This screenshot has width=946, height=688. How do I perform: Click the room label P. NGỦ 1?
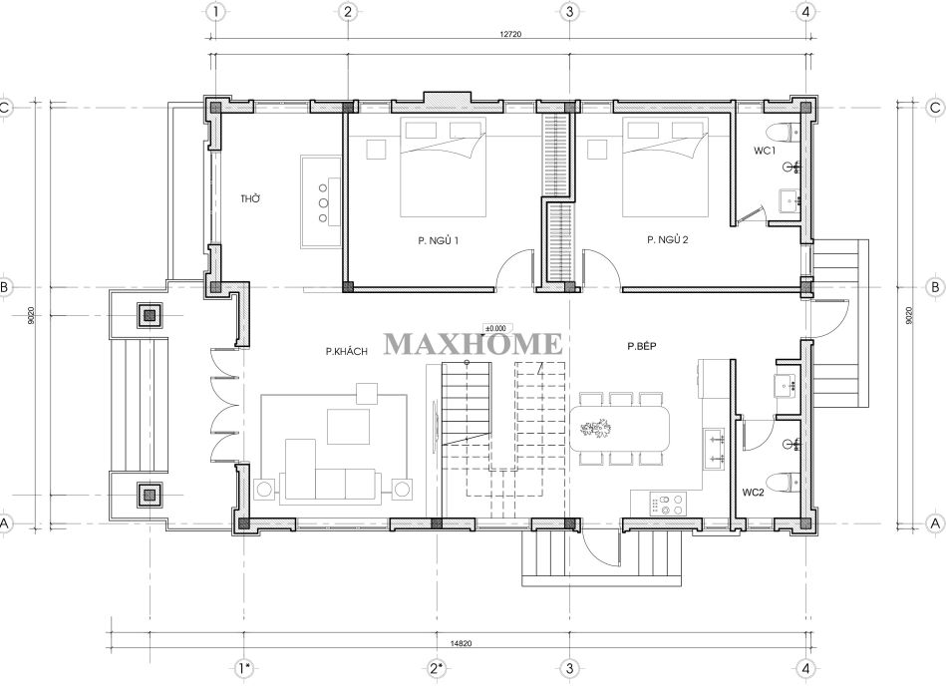point(439,241)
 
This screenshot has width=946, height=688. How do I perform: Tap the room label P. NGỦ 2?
point(667,239)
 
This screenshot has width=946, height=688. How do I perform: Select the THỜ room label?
point(250,198)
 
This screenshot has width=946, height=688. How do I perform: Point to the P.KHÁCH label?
point(346,351)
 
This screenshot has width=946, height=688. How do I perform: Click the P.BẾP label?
point(641,346)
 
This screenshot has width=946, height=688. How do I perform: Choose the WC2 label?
point(753,493)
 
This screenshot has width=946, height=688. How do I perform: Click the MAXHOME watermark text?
point(473,344)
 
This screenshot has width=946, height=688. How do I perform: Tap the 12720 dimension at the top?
point(509,34)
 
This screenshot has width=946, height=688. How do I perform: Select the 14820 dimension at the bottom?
point(461,643)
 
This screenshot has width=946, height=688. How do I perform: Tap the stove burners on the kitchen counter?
point(668,504)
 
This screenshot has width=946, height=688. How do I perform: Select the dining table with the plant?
point(620,429)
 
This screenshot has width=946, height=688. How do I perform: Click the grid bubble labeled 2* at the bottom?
point(437,669)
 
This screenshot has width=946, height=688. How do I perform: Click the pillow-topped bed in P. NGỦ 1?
point(444,167)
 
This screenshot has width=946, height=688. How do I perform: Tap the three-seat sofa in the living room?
point(330,486)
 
